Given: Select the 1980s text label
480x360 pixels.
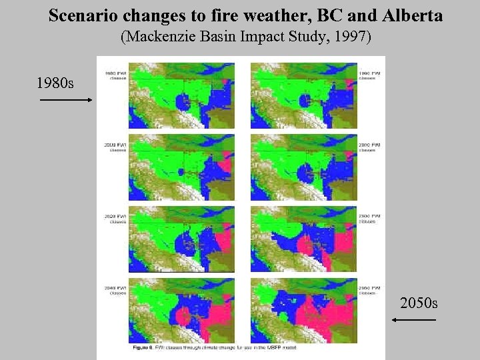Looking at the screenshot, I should click(55, 83).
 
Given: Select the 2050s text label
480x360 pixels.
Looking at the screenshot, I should click(419, 303).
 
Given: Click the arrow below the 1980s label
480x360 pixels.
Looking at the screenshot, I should click(65, 100).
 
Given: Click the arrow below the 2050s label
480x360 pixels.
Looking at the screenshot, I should click(414, 320).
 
